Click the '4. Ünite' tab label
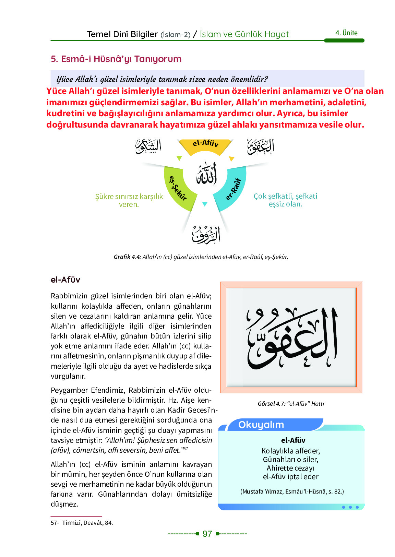pos(346,33)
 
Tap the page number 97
pos(207,534)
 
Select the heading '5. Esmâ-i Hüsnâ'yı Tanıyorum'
pos(116,59)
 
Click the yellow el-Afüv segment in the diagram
pos(205,146)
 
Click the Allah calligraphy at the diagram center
pos(207,174)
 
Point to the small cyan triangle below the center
pos(205,204)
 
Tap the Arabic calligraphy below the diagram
pos(206,235)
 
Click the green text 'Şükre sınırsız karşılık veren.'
pos(129,200)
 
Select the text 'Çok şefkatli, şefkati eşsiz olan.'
pos(285,200)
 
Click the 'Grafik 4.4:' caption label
pos(127,257)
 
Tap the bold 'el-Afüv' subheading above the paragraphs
pos(65,280)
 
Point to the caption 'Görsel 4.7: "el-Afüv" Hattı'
pos(291,404)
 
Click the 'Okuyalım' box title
pos(261,425)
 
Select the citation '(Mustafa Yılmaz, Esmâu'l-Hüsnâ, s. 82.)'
pos(292,491)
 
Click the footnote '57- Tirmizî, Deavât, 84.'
pos(82,523)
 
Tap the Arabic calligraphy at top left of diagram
pos(148,146)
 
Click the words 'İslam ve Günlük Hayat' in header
pos(244,34)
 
